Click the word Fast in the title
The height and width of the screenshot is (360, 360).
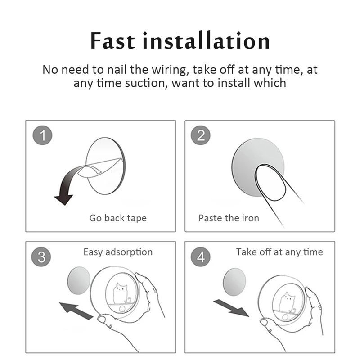(x=112, y=41)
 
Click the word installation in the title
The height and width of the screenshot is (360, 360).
(x=206, y=40)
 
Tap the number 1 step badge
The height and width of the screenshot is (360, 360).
(x=42, y=135)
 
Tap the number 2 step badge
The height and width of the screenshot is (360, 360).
(x=200, y=135)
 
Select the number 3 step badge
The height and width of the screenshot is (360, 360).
(x=41, y=256)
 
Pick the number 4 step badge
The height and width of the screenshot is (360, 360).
(x=200, y=256)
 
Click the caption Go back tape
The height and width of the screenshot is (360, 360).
(x=118, y=218)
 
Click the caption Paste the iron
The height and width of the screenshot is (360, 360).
(x=229, y=218)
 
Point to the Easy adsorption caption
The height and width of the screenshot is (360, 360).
(x=118, y=252)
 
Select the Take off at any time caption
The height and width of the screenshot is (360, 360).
(x=279, y=252)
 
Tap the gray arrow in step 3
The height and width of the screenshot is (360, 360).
(x=76, y=310)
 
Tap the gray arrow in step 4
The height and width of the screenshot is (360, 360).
(x=231, y=308)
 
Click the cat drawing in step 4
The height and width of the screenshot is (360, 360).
(x=287, y=302)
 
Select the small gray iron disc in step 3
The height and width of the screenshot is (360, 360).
(x=79, y=280)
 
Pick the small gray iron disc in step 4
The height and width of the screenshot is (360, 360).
(x=234, y=282)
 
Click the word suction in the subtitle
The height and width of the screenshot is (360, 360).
(x=145, y=83)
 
